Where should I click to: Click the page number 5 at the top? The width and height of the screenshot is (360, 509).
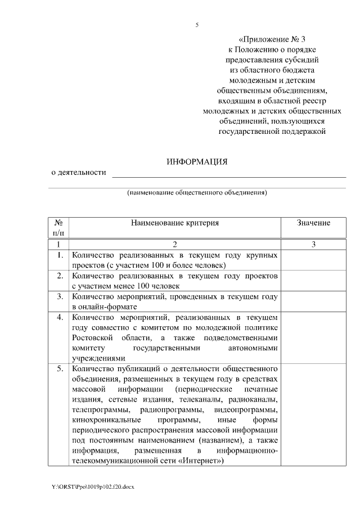[197, 25]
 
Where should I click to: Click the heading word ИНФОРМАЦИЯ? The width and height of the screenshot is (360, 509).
[197, 161]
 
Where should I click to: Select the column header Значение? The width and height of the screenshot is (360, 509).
[313, 223]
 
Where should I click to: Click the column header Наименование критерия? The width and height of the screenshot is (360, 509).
[174, 223]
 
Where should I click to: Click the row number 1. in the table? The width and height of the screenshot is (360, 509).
[59, 255]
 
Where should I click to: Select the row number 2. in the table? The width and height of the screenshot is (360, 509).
[59, 276]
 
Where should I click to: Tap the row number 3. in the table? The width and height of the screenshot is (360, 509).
[59, 296]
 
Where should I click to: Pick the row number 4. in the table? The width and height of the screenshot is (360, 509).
[59, 317]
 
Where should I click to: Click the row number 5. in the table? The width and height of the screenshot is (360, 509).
[59, 368]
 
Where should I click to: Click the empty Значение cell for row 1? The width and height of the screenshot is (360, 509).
[313, 260]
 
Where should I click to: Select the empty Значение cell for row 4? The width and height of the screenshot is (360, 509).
[313, 337]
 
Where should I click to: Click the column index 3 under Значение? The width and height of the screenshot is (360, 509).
[313, 244]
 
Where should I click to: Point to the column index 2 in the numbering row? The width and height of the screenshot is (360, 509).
[174, 244]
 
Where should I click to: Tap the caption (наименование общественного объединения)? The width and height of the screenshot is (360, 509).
[196, 192]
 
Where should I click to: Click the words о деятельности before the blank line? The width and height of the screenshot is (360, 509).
[79, 173]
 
